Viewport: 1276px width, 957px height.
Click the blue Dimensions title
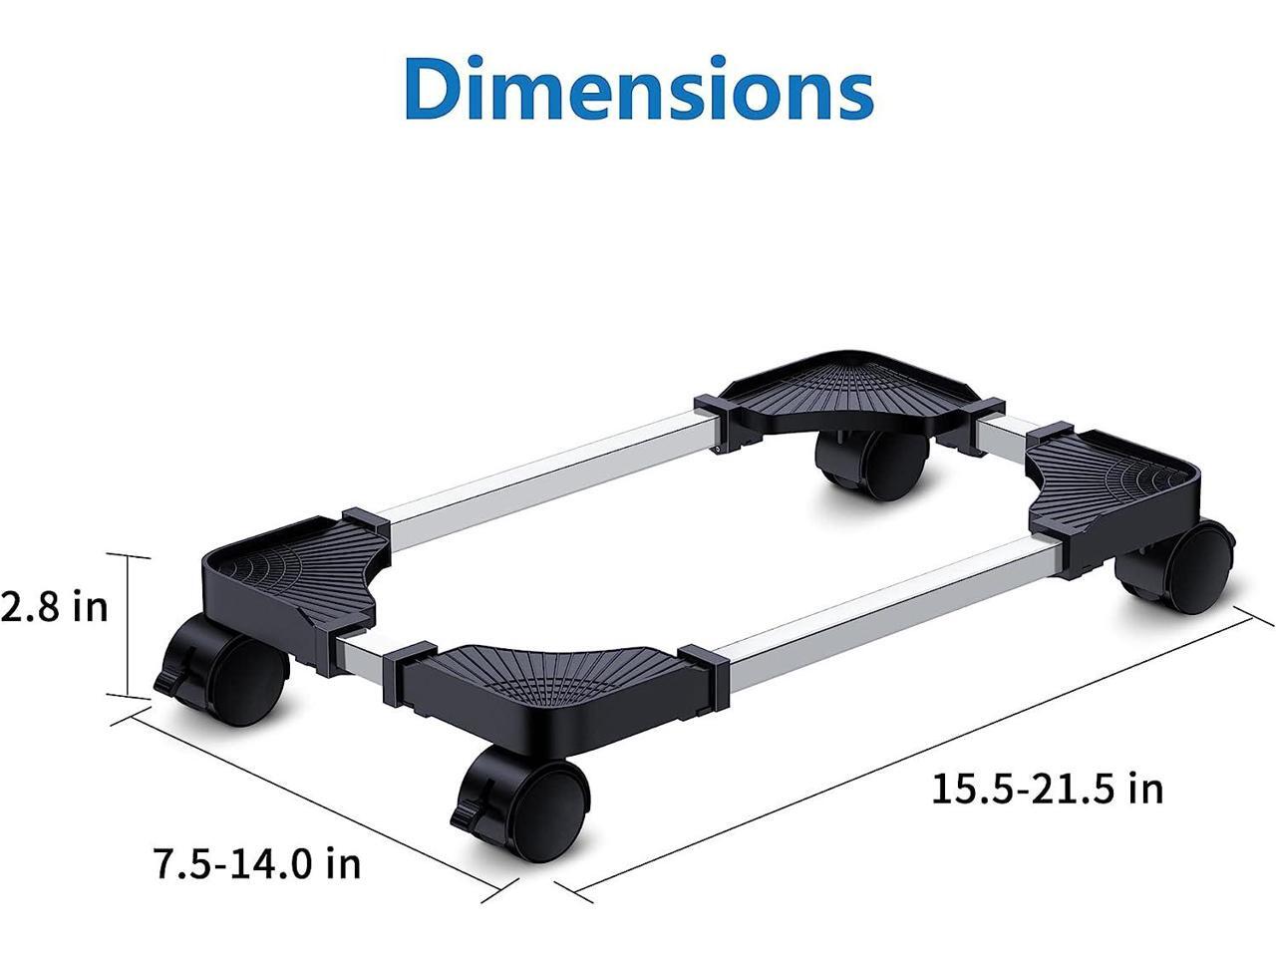point(639,89)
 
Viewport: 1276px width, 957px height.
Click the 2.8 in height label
point(55,606)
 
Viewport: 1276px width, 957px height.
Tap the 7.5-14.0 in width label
point(256,862)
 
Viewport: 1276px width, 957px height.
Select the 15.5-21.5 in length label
point(1047,788)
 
